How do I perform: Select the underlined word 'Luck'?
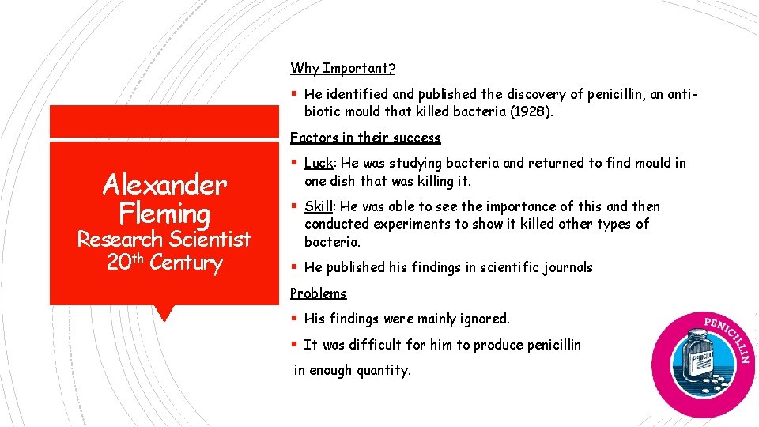click(x=318, y=164)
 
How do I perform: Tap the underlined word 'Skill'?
click(x=318, y=207)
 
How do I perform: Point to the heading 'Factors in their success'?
click(x=364, y=138)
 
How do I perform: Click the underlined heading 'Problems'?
click(x=318, y=293)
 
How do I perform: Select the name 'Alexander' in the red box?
click(x=164, y=185)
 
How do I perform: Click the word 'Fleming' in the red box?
click(x=164, y=213)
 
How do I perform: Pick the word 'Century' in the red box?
click(x=186, y=263)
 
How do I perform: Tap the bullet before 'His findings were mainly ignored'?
click(x=294, y=319)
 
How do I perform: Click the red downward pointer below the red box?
click(x=164, y=313)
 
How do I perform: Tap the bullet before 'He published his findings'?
click(x=294, y=267)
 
